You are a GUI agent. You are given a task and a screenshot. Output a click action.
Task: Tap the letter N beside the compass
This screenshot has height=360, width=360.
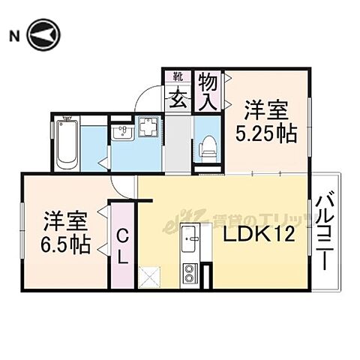point(13,35)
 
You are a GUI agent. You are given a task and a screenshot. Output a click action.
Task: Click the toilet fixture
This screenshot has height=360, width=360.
point(208,142)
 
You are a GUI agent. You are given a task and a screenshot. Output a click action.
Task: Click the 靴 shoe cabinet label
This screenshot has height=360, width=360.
point(178,76)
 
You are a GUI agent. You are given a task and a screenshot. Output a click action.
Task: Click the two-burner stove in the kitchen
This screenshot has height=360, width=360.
point(190,273)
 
